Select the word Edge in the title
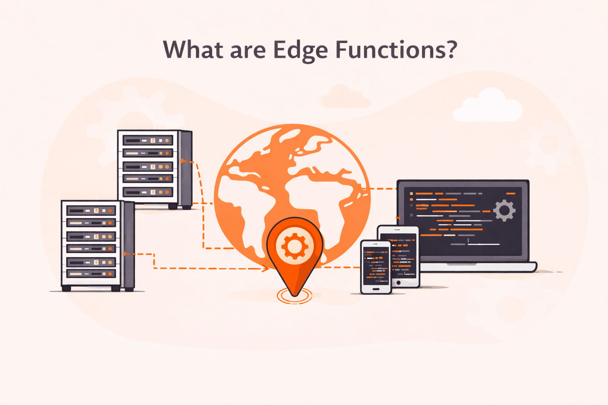point(300,51)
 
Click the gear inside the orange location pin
point(294,246)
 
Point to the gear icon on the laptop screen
point(504,210)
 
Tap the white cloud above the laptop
point(488,106)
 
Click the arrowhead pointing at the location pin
point(266,269)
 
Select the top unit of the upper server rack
point(148,140)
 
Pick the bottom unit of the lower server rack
point(91,273)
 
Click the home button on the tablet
point(399,283)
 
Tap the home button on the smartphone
point(376,289)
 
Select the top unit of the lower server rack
point(91,210)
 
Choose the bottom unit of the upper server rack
point(148,192)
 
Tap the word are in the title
point(248,51)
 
